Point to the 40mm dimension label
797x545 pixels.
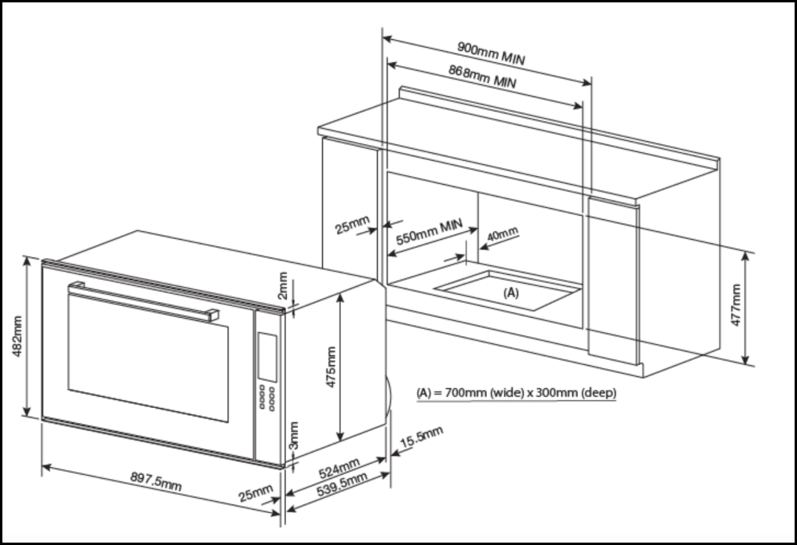pos(501,233)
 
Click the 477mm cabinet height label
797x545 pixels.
pos(736,305)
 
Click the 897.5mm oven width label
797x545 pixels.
pos(155,481)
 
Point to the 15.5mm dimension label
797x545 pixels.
pos(421,437)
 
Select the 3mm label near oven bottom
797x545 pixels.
pos(293,435)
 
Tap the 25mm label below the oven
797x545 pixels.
pos(256,494)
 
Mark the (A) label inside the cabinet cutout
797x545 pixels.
pos(511,293)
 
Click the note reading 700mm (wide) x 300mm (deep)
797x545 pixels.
pos(516,393)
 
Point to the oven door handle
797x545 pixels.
pos(143,299)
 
